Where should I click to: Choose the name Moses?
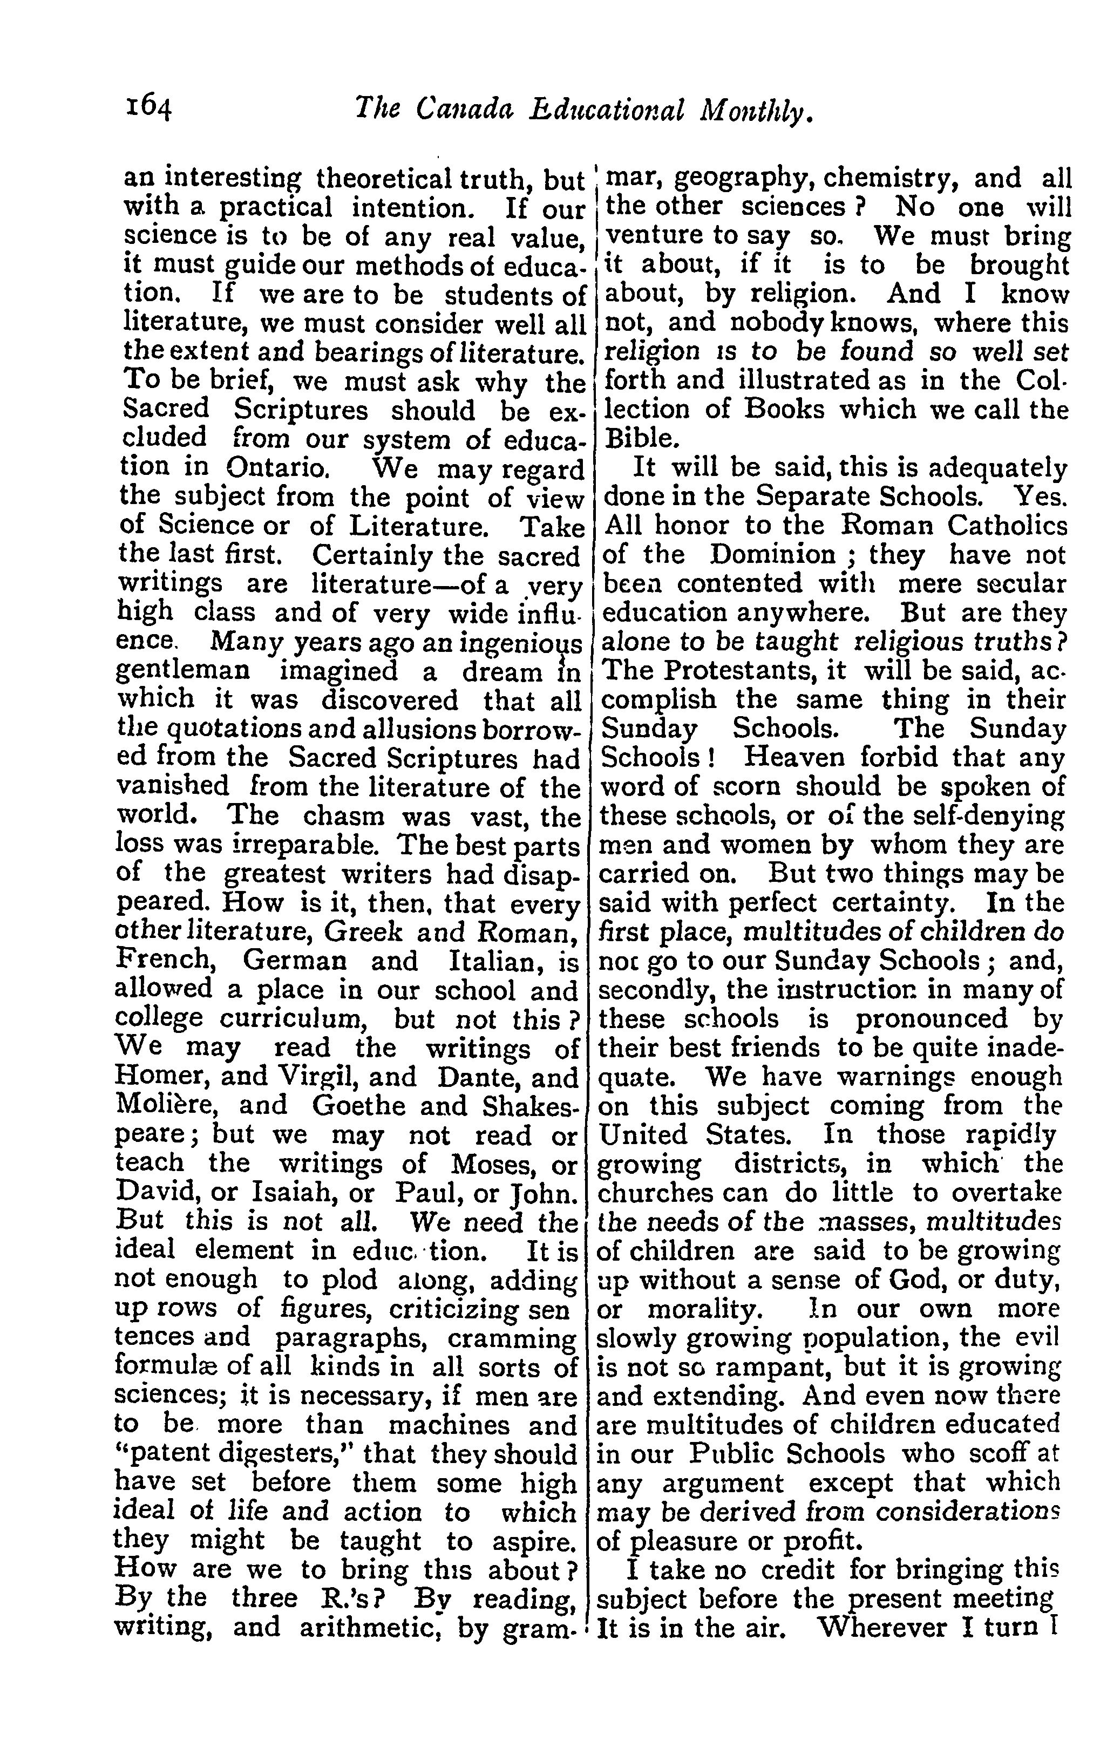click(x=499, y=1164)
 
